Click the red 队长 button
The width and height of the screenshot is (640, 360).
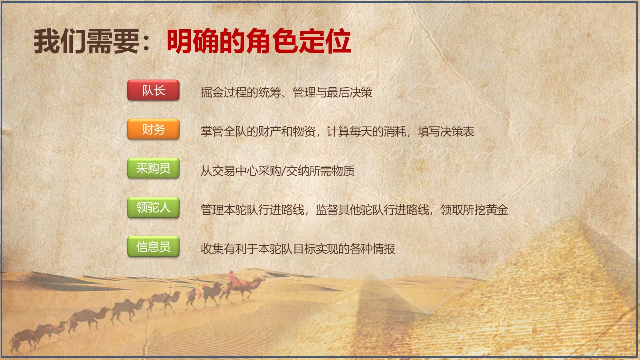pyautogui.click(x=153, y=90)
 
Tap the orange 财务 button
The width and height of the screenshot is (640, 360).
pyautogui.click(x=153, y=129)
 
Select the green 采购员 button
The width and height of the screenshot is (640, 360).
pyautogui.click(x=153, y=168)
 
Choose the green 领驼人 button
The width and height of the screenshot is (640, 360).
pyautogui.click(x=153, y=207)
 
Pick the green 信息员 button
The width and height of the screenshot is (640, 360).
pyautogui.click(x=153, y=246)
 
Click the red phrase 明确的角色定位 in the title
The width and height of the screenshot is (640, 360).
pyautogui.click(x=259, y=41)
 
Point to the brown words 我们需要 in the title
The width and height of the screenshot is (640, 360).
pyautogui.click(x=86, y=41)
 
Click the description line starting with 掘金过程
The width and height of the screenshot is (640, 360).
pyautogui.click(x=286, y=92)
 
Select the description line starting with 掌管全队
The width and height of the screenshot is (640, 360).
pyautogui.click(x=337, y=131)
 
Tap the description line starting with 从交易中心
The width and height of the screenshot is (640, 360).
pyautogui.click(x=277, y=171)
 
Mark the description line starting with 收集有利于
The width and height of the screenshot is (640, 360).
pyautogui.click(x=298, y=249)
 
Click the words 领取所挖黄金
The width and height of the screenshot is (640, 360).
pyautogui.click(x=474, y=210)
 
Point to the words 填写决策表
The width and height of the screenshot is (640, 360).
pyautogui.click(x=446, y=131)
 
